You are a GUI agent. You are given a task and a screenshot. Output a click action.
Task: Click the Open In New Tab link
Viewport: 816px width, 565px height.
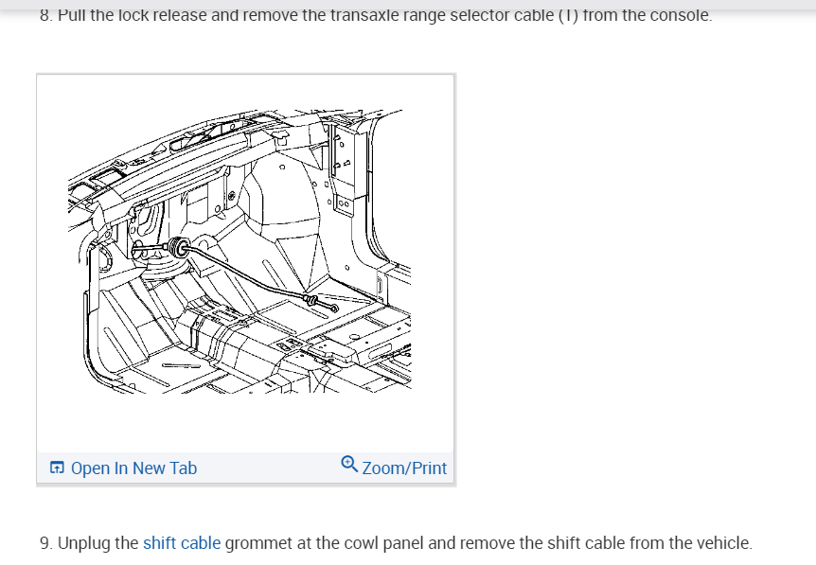pos(133,468)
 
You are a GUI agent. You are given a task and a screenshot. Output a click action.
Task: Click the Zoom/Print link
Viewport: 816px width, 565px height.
pos(404,468)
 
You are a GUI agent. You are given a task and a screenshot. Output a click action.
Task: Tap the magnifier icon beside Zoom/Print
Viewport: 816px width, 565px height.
pos(349,465)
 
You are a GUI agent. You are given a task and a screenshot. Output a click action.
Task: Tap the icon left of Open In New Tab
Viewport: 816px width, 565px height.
pos(58,468)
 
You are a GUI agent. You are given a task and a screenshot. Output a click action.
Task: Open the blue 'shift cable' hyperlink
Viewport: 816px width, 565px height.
pos(182,543)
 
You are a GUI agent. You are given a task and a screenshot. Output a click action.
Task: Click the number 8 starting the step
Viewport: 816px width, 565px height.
pos(45,15)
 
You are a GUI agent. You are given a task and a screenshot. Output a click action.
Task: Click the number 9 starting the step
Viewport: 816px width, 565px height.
pos(45,543)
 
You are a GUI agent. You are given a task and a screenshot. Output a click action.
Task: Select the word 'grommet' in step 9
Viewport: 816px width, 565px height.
pos(257,543)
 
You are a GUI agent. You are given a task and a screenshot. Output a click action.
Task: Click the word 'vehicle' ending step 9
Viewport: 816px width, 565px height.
pos(722,543)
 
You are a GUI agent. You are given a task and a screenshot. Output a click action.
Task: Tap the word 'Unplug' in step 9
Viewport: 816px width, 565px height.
pos(85,543)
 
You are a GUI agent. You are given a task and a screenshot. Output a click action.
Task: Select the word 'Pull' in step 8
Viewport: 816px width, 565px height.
pos(72,15)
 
